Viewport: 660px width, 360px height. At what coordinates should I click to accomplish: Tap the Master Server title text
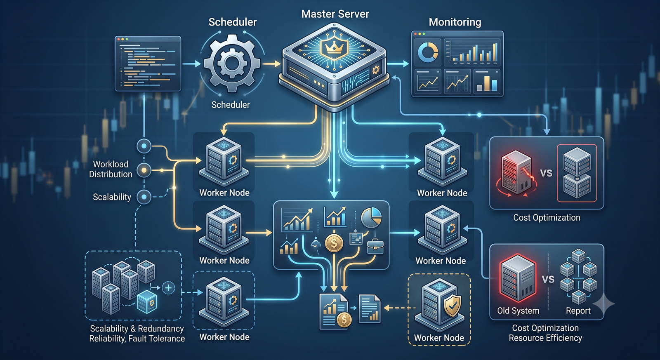pos(335,14)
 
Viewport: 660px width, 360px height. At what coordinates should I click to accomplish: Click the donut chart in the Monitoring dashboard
pos(428,52)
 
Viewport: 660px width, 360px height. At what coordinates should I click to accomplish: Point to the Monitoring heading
pos(455,22)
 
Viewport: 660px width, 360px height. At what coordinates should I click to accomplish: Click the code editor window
pos(148,64)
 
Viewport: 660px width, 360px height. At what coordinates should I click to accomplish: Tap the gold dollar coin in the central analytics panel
pos(334,243)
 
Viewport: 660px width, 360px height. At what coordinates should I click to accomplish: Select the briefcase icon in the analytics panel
pos(375,246)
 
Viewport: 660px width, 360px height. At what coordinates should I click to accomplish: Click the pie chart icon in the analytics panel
pos(371,217)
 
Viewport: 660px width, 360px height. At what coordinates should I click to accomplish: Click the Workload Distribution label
pos(111,169)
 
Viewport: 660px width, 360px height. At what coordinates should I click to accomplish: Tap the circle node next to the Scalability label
pos(144,197)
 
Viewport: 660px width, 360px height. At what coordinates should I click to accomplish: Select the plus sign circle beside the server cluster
pos(168,287)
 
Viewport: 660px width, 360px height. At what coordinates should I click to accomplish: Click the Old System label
pos(518,311)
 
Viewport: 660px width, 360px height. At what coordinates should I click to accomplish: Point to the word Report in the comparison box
pos(578,311)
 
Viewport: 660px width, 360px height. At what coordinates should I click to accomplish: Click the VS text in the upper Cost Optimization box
pos(546,173)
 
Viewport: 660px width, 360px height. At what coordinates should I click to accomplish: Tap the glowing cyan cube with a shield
pos(147,302)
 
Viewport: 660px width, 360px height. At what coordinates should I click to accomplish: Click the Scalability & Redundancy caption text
pos(137,329)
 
